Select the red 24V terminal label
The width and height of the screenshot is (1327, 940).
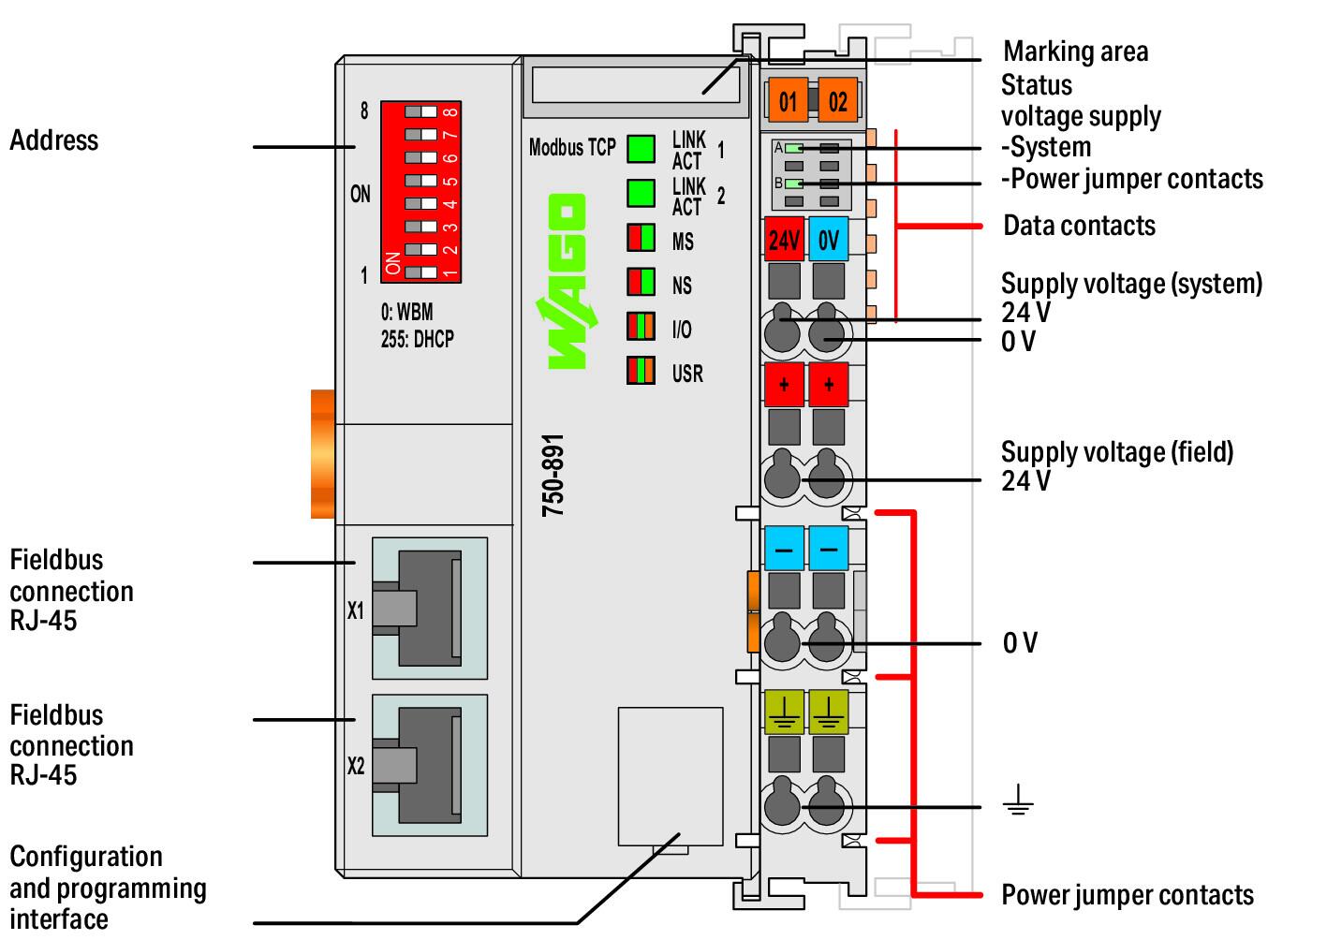click(784, 240)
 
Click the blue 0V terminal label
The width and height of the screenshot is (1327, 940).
click(828, 240)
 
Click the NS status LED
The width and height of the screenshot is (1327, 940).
click(641, 282)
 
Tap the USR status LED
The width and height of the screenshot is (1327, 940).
click(641, 370)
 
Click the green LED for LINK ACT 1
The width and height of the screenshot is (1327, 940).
click(641, 149)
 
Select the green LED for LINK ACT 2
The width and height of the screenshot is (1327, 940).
click(641, 193)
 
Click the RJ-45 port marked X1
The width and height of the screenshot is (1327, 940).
click(430, 609)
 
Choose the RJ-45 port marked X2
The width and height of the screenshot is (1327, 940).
click(430, 765)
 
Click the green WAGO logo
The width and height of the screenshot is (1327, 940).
click(567, 282)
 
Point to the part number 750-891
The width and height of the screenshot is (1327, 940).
click(553, 475)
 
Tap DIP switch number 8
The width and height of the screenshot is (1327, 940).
click(421, 112)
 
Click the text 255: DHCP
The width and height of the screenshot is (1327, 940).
click(418, 340)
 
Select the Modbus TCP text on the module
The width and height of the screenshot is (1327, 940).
click(572, 148)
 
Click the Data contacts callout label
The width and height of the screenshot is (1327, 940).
click(1079, 226)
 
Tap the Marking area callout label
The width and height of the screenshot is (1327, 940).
click(1076, 51)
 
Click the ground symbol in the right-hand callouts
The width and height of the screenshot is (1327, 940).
click(1018, 800)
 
